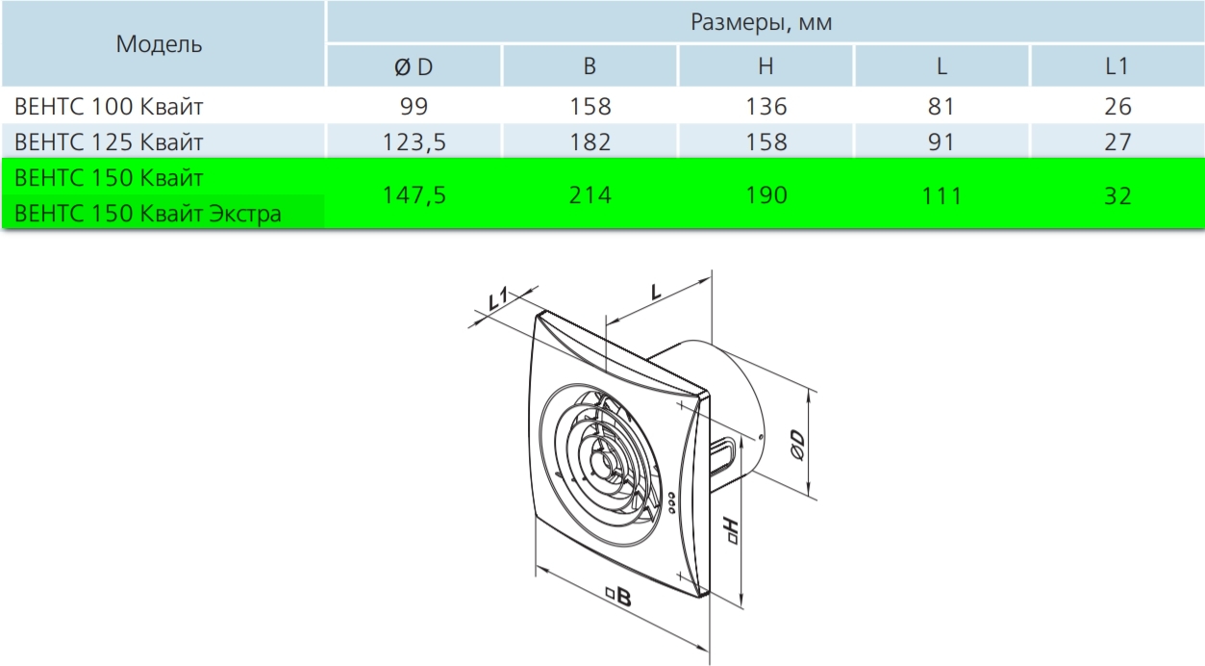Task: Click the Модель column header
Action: coord(159,44)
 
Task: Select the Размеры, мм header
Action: coord(762,22)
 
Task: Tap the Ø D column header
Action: coord(414,66)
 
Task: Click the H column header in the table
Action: coord(766,66)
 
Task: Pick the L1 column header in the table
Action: coord(1117,66)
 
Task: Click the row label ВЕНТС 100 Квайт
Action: coord(109,107)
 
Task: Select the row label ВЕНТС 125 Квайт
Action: coord(109,142)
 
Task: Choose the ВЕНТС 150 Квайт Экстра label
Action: coord(148,214)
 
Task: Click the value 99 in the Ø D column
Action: coord(414,107)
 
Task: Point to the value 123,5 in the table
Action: coord(414,142)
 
